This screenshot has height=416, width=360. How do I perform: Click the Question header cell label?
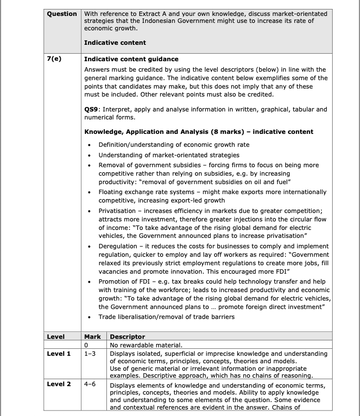coord(62,14)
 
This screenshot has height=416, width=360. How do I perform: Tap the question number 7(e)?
coord(54,59)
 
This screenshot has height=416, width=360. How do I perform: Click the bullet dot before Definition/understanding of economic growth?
coord(89,145)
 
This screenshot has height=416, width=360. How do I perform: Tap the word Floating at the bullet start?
coord(111,192)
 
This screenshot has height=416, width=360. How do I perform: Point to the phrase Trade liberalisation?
coord(130,317)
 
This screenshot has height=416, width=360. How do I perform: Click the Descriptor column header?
coord(127,337)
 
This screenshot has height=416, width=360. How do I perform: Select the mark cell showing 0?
coord(87,345)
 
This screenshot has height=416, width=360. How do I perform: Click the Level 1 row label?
coord(59,354)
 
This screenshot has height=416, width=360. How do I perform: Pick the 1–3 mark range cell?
coord(90,354)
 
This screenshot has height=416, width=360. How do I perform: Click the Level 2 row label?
coord(59,384)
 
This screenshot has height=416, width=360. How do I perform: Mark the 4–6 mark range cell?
coord(90,384)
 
